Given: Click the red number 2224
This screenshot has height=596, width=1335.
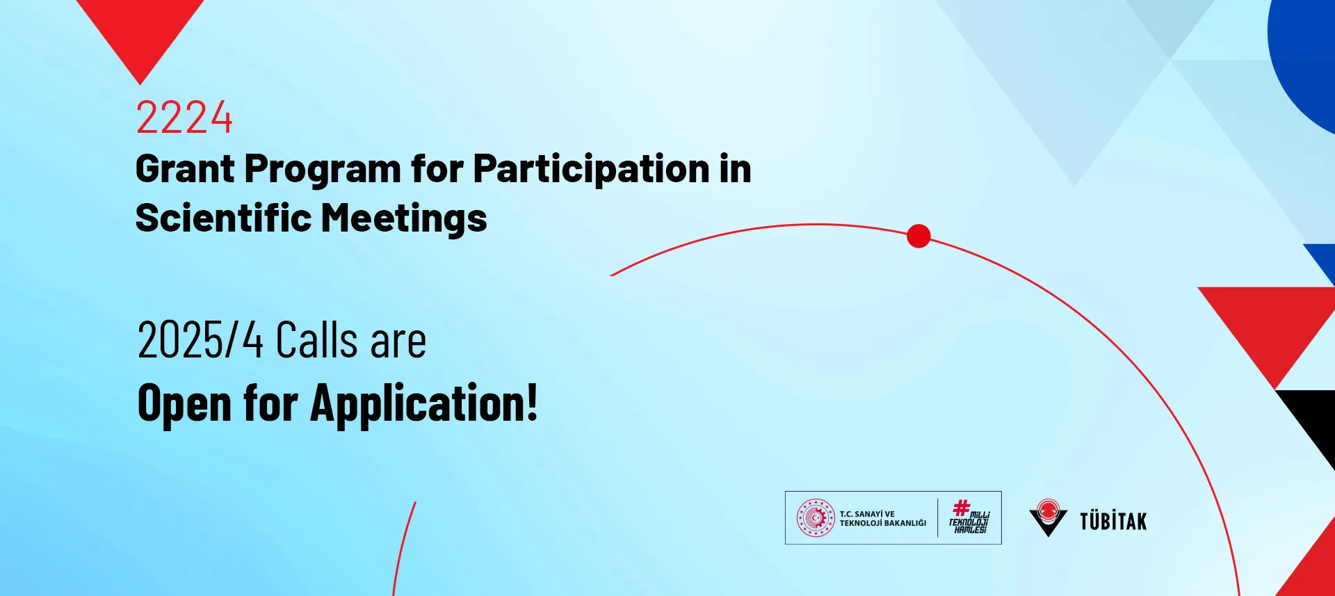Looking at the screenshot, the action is tap(184, 117).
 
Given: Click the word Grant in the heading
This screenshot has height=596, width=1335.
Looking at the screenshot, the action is tap(185, 169).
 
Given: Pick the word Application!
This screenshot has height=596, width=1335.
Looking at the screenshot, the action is tap(424, 403).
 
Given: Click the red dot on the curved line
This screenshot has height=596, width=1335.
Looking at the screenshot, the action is tap(919, 236).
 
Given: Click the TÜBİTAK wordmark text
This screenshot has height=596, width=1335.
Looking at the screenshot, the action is tap(1113, 521).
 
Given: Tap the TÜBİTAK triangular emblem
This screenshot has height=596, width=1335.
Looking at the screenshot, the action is tap(1048, 517).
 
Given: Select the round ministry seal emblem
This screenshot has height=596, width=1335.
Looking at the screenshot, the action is tap(816, 518).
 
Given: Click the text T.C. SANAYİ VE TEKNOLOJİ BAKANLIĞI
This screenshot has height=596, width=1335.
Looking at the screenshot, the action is tap(883, 519).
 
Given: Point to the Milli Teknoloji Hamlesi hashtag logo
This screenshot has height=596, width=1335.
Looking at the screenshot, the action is tap(969, 517).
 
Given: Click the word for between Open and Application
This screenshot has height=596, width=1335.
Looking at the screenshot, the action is tap(270, 403).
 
